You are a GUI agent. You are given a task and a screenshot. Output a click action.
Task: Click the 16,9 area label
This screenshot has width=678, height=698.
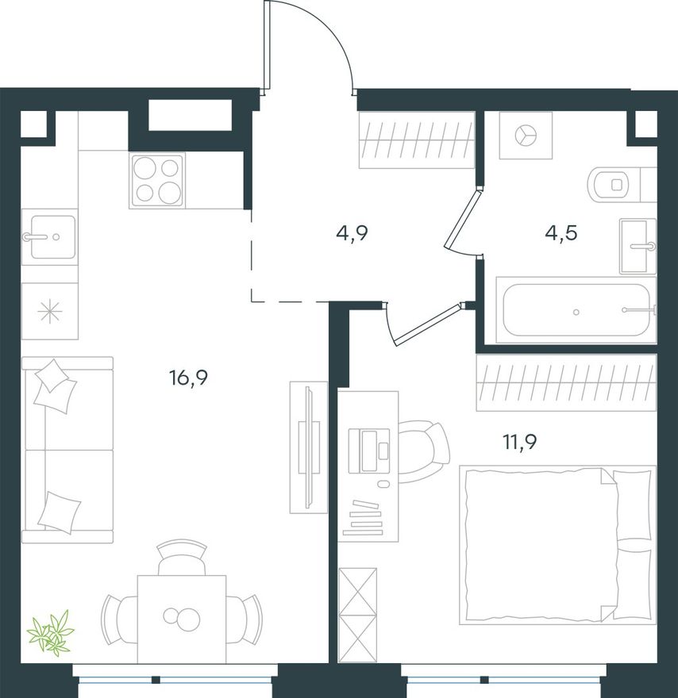click(189, 378)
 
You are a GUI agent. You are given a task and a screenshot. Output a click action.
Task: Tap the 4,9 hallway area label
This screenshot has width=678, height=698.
click(352, 232)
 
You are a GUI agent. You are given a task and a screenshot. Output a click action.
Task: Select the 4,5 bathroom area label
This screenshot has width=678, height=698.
click(561, 232)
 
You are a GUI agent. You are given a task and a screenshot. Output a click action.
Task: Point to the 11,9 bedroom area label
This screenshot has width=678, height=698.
click(520, 442)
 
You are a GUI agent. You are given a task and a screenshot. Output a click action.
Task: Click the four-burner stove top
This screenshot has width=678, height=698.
click(157, 180)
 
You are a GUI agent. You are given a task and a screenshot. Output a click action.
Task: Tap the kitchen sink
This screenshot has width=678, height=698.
click(49, 237)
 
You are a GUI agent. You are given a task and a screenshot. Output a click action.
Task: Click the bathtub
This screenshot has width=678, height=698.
click(576, 310)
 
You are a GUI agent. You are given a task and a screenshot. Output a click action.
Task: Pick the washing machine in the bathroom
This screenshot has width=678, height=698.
click(526, 136)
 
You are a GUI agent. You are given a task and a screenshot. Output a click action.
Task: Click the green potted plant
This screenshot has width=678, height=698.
click(49, 632)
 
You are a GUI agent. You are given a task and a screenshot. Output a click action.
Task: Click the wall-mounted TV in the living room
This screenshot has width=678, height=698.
click(308, 447)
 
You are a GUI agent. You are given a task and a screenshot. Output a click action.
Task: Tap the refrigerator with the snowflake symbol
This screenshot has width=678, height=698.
click(50, 311)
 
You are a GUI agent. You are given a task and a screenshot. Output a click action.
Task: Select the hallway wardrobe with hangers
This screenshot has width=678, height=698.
click(417, 140)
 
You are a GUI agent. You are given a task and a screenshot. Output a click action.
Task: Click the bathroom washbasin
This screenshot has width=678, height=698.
click(638, 246)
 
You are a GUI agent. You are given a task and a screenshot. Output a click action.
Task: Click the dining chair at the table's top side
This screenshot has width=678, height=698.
click(182, 558)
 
